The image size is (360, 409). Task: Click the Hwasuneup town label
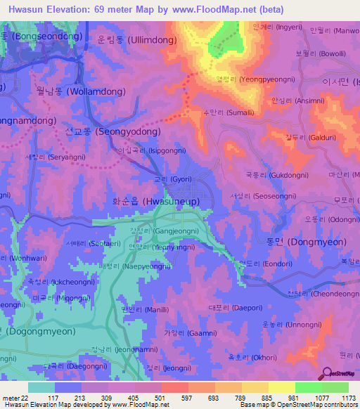(x=156, y=201)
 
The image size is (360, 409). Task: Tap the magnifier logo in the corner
(x=326, y=373)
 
